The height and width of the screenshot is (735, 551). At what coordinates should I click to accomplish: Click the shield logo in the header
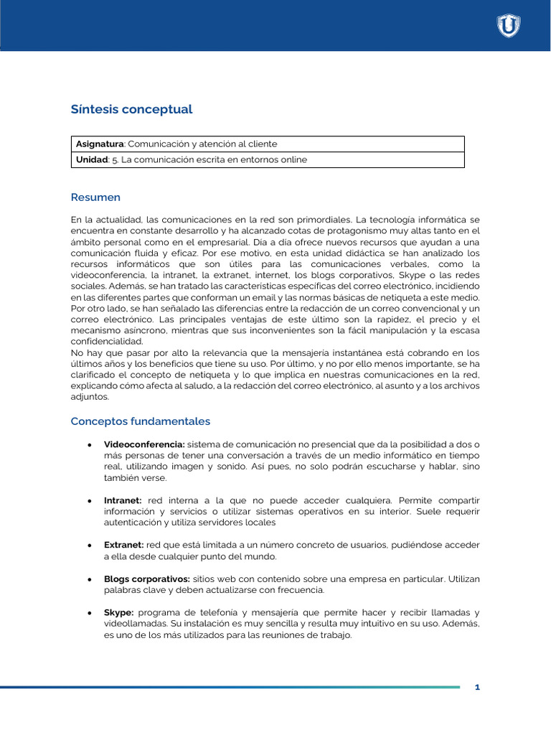pyautogui.click(x=509, y=26)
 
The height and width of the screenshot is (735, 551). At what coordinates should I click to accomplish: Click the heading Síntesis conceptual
pyautogui.click(x=131, y=110)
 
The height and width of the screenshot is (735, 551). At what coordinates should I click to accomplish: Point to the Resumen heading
pyautogui.click(x=95, y=197)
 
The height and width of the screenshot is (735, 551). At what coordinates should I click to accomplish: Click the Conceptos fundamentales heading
pyautogui.click(x=140, y=421)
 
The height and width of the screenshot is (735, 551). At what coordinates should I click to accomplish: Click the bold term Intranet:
pyautogui.click(x=123, y=500)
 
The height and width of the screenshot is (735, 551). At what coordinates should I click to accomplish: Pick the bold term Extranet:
pyautogui.click(x=124, y=546)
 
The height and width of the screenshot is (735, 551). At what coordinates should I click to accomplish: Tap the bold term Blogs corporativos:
pyautogui.click(x=147, y=579)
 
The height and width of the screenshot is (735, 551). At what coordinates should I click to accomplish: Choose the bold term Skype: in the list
pyautogui.click(x=119, y=612)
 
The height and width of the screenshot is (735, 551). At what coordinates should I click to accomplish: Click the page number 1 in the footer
pyautogui.click(x=477, y=688)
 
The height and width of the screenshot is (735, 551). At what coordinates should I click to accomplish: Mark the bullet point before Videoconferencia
pyautogui.click(x=88, y=445)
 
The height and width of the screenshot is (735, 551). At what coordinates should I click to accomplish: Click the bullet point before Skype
pyautogui.click(x=88, y=612)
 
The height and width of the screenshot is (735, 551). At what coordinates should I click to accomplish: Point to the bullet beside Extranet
pyautogui.click(x=88, y=546)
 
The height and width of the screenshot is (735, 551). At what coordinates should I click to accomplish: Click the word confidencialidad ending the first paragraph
pyautogui.click(x=107, y=341)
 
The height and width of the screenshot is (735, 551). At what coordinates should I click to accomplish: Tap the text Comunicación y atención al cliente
pyautogui.click(x=197, y=144)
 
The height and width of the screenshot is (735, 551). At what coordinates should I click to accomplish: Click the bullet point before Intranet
pyautogui.click(x=88, y=500)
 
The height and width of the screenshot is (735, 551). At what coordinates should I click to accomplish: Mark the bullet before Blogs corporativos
pyautogui.click(x=88, y=579)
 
